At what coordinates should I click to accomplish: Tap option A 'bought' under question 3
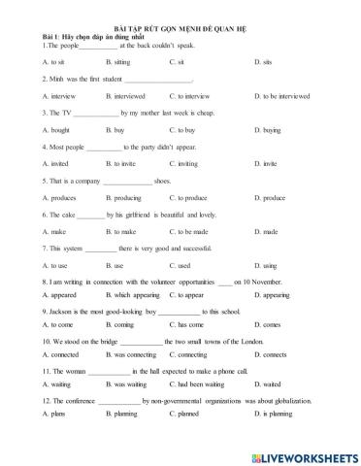(57, 130)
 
